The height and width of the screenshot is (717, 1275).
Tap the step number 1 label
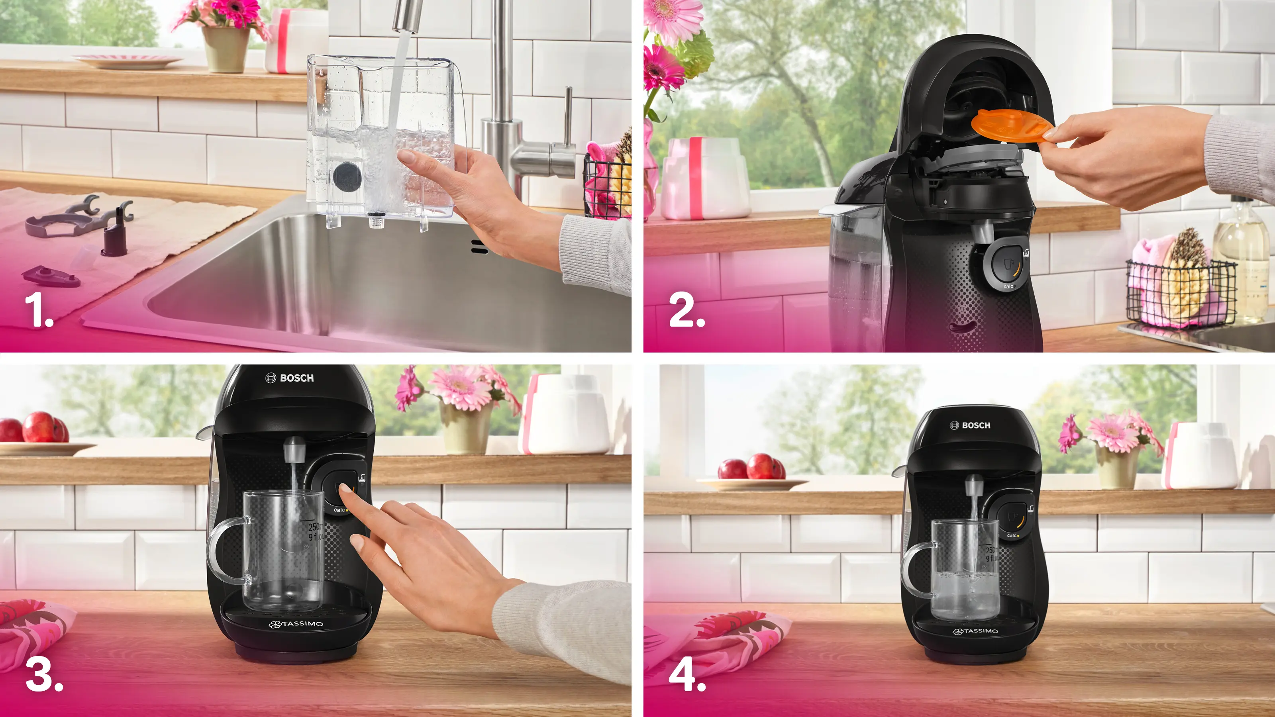click(39, 310)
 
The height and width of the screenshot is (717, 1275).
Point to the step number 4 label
click(687, 676)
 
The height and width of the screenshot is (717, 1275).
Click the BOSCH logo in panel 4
click(970, 425)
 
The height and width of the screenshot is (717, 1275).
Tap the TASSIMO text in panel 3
click(296, 624)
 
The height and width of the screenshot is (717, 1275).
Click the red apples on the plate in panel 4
click(752, 468)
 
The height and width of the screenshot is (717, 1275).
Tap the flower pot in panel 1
click(225, 49)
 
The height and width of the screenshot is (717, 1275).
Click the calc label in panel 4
click(1011, 536)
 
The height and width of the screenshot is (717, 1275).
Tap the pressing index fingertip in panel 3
click(345, 489)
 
